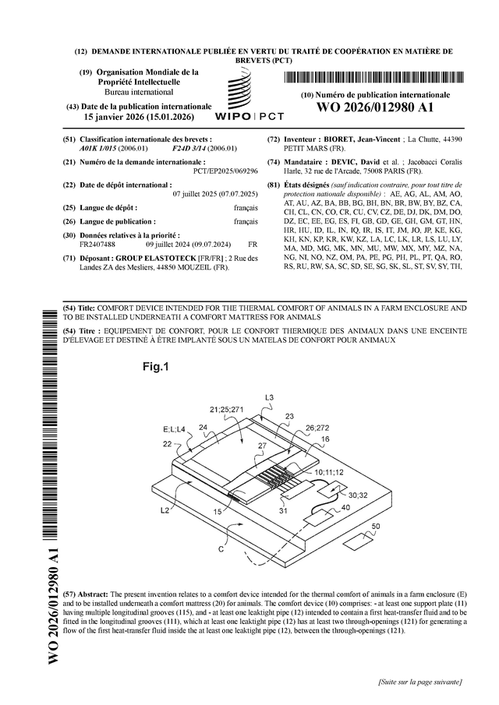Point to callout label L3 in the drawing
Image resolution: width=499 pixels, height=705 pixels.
pyautogui.click(x=269, y=398)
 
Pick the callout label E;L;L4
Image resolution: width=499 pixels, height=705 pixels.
pyautogui.click(x=174, y=429)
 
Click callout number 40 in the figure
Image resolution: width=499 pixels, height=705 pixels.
pyautogui.click(x=345, y=507)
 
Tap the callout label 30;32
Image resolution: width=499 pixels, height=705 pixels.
pyautogui.click(x=358, y=495)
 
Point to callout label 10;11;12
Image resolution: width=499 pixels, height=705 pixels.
pyautogui.click(x=327, y=472)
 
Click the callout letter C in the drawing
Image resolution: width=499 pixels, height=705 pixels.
pyautogui.click(x=221, y=548)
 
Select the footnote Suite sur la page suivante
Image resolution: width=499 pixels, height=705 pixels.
pyautogui.click(x=418, y=682)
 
